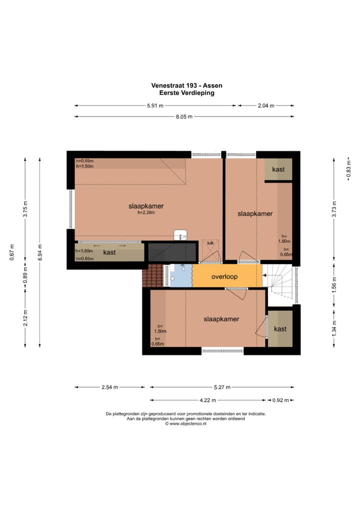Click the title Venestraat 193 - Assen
click(x=186, y=85)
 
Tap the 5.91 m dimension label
click(x=155, y=105)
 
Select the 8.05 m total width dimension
click(x=184, y=116)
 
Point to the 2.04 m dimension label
click(x=266, y=105)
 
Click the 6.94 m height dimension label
click(x=40, y=252)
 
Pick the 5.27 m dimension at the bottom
click(x=222, y=387)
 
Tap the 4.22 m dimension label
click(x=207, y=400)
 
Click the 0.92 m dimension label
click(x=280, y=400)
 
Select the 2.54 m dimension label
click(x=109, y=387)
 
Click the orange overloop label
click(x=224, y=276)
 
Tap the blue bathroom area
click(x=181, y=275)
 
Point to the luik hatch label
click(x=210, y=243)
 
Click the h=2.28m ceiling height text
click(x=146, y=212)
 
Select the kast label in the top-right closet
click(x=278, y=169)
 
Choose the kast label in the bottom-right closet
click(x=280, y=329)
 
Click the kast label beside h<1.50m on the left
click(x=109, y=252)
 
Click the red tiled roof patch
click(x=152, y=275)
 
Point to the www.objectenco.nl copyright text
click(x=185, y=423)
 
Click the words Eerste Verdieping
click(x=186, y=93)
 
